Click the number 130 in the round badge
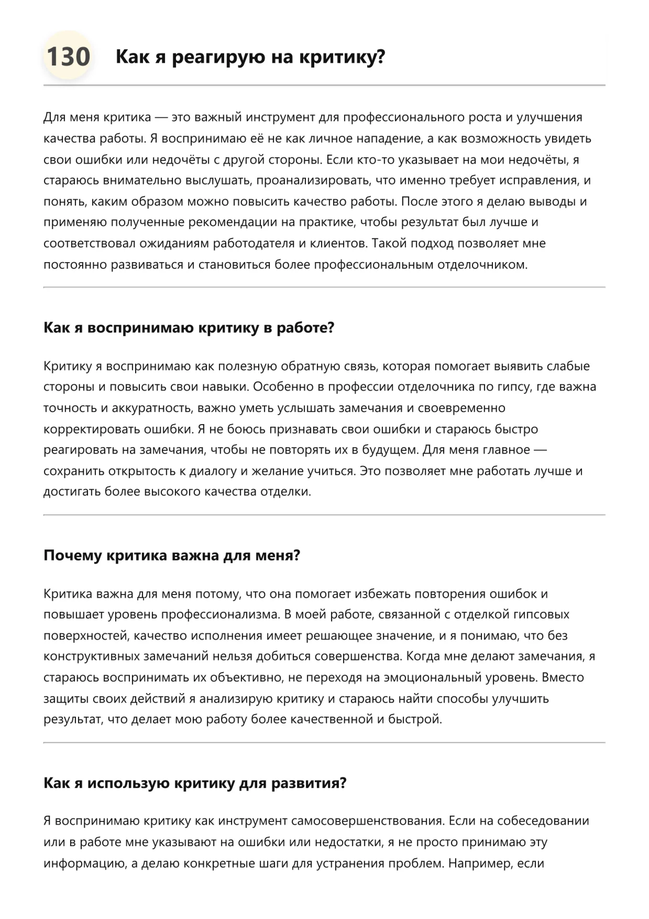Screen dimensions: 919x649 click(68, 57)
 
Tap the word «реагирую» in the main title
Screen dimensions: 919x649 click(217, 57)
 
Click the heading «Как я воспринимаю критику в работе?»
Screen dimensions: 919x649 click(189, 328)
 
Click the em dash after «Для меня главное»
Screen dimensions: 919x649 click(540, 450)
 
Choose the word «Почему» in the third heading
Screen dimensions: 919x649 click(73, 555)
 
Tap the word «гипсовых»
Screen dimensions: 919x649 click(541, 614)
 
